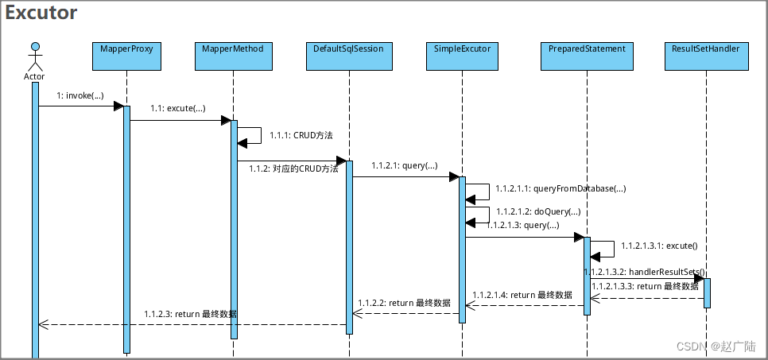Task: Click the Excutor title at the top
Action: (41, 14)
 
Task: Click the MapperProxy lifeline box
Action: (126, 55)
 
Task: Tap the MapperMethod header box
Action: (234, 55)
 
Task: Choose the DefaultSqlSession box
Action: (349, 55)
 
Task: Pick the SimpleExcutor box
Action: (462, 55)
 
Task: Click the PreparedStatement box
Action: (587, 55)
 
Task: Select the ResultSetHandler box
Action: (706, 55)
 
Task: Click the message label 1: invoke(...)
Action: (80, 95)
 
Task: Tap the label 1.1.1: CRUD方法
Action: (301, 136)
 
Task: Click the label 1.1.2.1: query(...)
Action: (404, 166)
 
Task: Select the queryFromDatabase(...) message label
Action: (560, 188)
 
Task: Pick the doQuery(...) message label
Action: (537, 212)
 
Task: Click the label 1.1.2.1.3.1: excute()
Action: (659, 246)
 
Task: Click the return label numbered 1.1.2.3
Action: (190, 315)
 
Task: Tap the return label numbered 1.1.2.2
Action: (404, 303)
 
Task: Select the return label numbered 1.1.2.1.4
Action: (522, 295)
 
